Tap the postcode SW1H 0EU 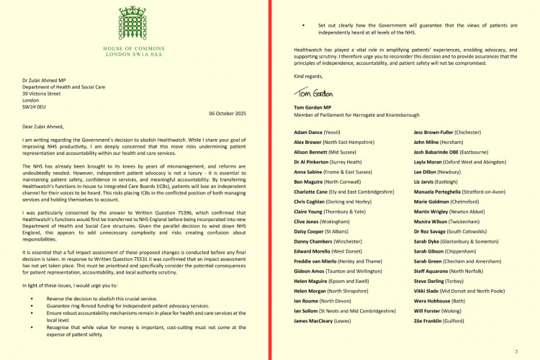click(x=34, y=105)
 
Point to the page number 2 click(x=516, y=351)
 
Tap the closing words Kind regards click(x=310, y=76)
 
